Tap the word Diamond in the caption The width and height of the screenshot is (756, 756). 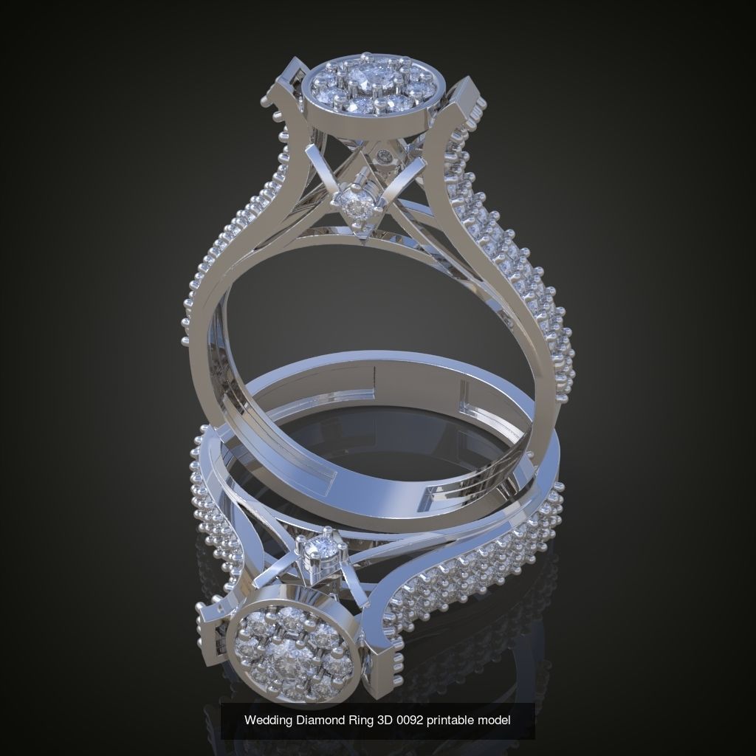point(318,719)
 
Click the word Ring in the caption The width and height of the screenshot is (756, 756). point(352,719)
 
